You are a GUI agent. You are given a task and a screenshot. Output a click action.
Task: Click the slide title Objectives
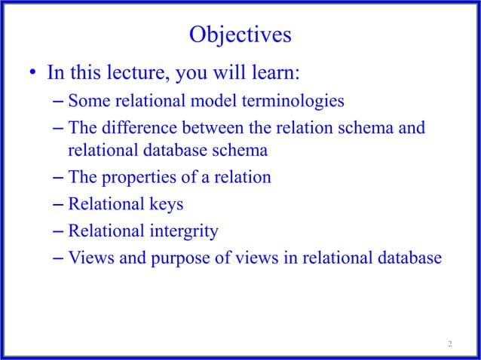pyautogui.click(x=240, y=35)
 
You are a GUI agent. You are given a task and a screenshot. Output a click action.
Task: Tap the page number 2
pyautogui.click(x=450, y=344)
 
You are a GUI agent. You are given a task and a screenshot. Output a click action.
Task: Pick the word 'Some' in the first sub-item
pyautogui.click(x=87, y=100)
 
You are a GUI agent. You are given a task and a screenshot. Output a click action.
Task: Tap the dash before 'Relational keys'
pyautogui.click(x=60, y=204)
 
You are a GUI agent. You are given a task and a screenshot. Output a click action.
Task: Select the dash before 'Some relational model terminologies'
pyautogui.click(x=60, y=100)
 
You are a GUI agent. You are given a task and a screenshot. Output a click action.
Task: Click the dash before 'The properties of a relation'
pyautogui.click(x=60, y=178)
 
